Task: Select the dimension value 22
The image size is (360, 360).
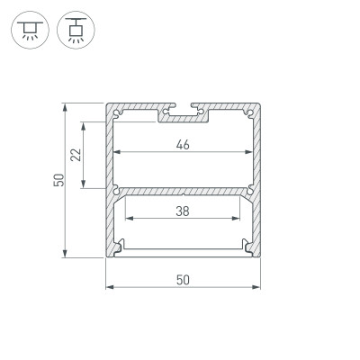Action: click(76, 155)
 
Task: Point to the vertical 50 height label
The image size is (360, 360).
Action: click(57, 180)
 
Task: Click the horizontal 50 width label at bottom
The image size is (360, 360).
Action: click(183, 279)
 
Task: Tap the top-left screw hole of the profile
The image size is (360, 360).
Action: click(116, 111)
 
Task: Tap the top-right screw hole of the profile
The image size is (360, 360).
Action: click(249, 111)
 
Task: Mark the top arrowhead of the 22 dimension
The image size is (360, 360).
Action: click(85, 125)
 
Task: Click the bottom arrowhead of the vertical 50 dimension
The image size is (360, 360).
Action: click(66, 255)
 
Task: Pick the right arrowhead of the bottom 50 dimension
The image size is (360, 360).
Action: click(257, 289)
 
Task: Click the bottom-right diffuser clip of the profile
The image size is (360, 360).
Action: click(247, 245)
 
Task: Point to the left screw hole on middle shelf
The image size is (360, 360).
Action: click(116, 189)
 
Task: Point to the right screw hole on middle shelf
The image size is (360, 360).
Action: click(249, 189)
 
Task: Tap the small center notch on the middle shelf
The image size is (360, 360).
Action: click(183, 192)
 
